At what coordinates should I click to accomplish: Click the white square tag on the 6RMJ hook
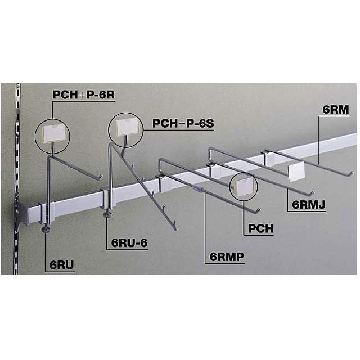point(299,172)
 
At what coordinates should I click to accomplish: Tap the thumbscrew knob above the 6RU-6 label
point(107,213)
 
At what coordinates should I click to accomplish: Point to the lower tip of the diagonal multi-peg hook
point(175,229)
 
